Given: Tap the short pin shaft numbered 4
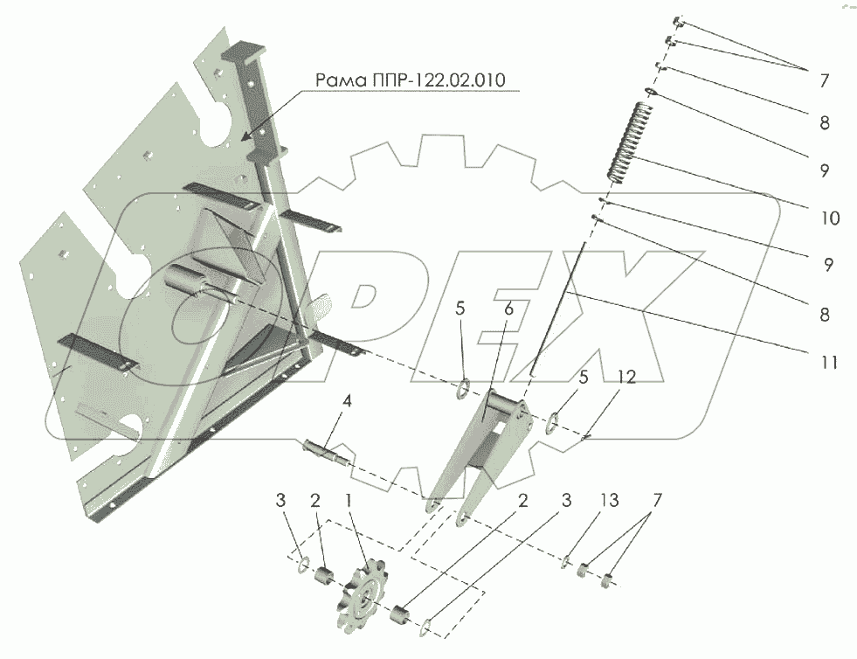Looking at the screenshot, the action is (327, 451).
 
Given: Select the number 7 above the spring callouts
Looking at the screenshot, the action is (823, 80).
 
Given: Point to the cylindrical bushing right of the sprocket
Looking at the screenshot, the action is (403, 614).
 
